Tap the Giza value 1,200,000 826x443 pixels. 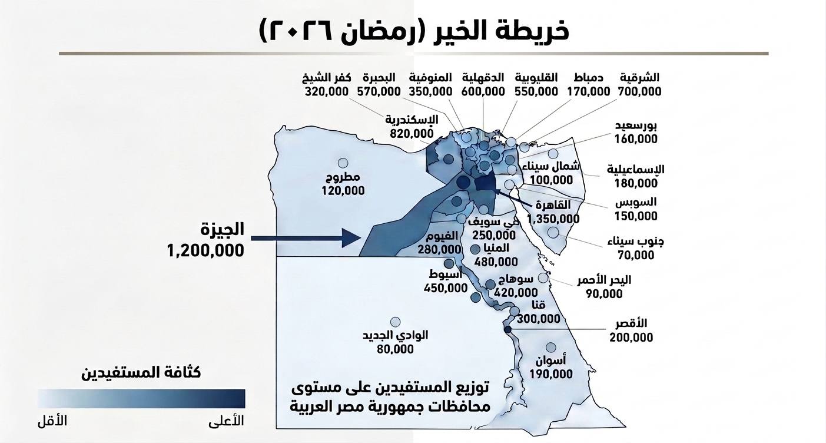(x=205, y=250)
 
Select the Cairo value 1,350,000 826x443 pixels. (x=553, y=219)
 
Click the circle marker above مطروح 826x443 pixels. (x=343, y=163)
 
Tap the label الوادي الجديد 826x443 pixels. (x=395, y=335)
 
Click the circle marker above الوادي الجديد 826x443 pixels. (x=396, y=322)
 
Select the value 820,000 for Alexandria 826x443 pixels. (x=412, y=133)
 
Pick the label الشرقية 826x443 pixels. (x=639, y=78)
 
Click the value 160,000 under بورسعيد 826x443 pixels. (x=636, y=140)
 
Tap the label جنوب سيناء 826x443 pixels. (x=636, y=242)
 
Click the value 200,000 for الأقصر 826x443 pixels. (x=632, y=338)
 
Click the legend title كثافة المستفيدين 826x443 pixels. (x=142, y=372)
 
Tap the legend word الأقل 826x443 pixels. (x=52, y=421)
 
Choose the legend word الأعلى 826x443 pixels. (x=227, y=421)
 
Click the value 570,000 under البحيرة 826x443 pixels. (x=379, y=92)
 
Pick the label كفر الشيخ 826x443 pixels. (x=327, y=78)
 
